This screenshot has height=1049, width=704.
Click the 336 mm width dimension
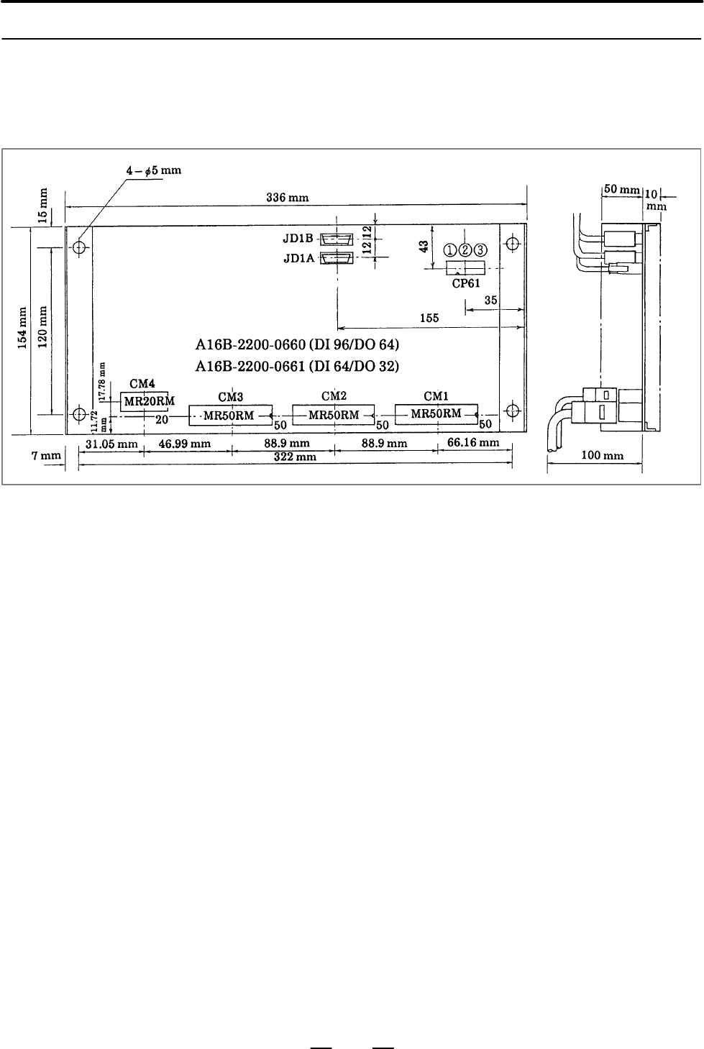287,198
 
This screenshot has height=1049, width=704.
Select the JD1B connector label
298,239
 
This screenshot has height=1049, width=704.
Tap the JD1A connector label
298,258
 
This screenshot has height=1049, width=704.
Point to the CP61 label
465,283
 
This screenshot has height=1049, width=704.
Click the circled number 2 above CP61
465,250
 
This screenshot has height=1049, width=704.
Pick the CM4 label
142,384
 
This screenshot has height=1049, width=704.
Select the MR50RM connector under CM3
230,416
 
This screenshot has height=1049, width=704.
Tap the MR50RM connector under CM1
436,413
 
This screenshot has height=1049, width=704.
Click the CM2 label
334,396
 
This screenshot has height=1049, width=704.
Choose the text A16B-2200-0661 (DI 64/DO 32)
297,366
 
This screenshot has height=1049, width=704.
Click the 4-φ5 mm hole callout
154,170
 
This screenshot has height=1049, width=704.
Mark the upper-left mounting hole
79,247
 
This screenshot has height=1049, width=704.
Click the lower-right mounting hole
513,411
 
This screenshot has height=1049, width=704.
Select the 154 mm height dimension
22,328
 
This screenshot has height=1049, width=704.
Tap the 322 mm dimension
295,457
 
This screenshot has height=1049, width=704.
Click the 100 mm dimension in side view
603,455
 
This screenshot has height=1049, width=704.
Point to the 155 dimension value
429,319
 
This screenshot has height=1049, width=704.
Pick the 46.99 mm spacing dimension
185,444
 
